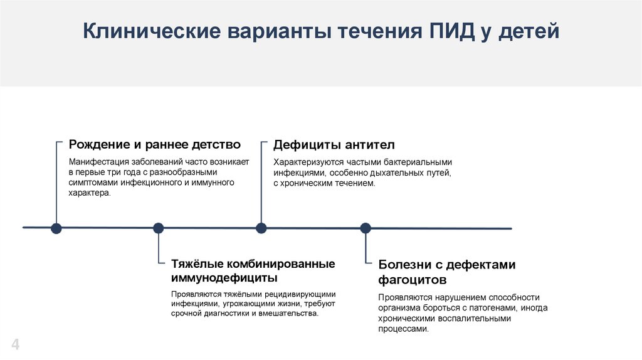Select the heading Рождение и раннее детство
coord(154,145)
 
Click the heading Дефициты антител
coord(334,145)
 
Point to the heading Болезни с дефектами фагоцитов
coord(446,272)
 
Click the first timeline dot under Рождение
coord(56,228)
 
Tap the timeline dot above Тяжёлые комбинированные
coord(158,228)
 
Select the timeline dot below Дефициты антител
coord(261,228)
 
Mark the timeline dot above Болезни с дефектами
coord(366,228)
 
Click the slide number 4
coord(16,344)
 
